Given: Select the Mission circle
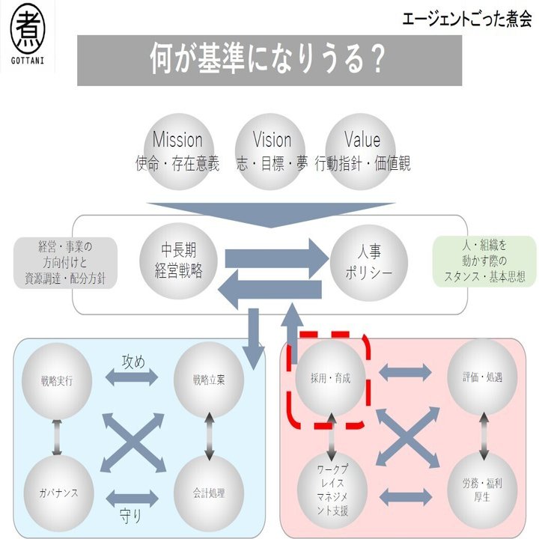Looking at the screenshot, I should click(177, 150).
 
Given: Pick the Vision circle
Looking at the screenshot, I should click(271, 150).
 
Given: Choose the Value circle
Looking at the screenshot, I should click(362, 150).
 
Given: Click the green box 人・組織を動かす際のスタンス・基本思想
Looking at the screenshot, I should click(484, 261).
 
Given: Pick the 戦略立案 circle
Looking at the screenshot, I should click(207, 378).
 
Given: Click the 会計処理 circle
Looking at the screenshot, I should click(207, 492).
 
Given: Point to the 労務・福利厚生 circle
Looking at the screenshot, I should click(481, 491).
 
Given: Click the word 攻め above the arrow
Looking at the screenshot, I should click(133, 361).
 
